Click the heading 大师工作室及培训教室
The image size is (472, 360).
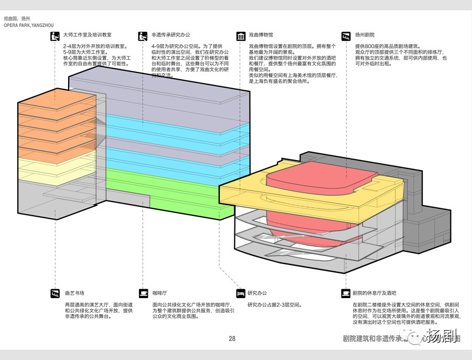pyautogui.click(x=87, y=36)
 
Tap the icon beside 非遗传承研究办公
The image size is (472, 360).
pyautogui.click(x=143, y=36)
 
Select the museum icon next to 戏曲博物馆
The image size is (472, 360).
pyautogui.click(x=241, y=36)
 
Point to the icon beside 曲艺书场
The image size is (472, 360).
pyautogui.click(x=55, y=293)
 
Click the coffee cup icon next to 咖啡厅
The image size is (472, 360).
pyautogui.click(x=143, y=293)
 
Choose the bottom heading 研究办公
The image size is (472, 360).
pyautogui.click(x=258, y=293)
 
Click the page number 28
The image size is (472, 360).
pyautogui.click(x=232, y=338)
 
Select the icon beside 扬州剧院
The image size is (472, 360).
pyautogui.click(x=346, y=36)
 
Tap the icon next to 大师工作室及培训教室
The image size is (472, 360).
pyautogui.click(x=55, y=36)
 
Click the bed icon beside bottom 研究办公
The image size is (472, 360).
pyautogui.click(x=241, y=293)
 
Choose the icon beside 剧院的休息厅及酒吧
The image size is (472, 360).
pyautogui.click(x=346, y=293)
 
